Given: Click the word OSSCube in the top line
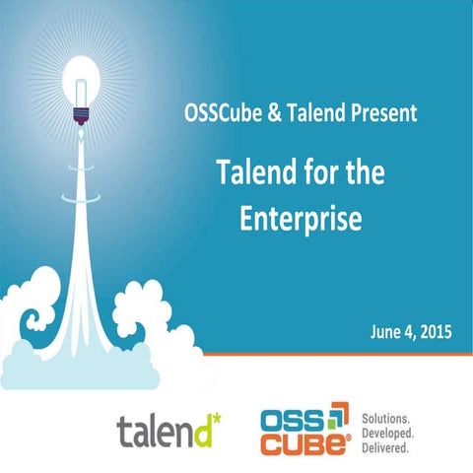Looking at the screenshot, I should (215, 112).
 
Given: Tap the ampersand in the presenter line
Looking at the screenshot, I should (265, 112).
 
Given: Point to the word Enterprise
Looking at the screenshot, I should (301, 218).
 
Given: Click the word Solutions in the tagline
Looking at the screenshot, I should (387, 416).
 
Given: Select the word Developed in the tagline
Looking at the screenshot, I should (389, 432).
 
